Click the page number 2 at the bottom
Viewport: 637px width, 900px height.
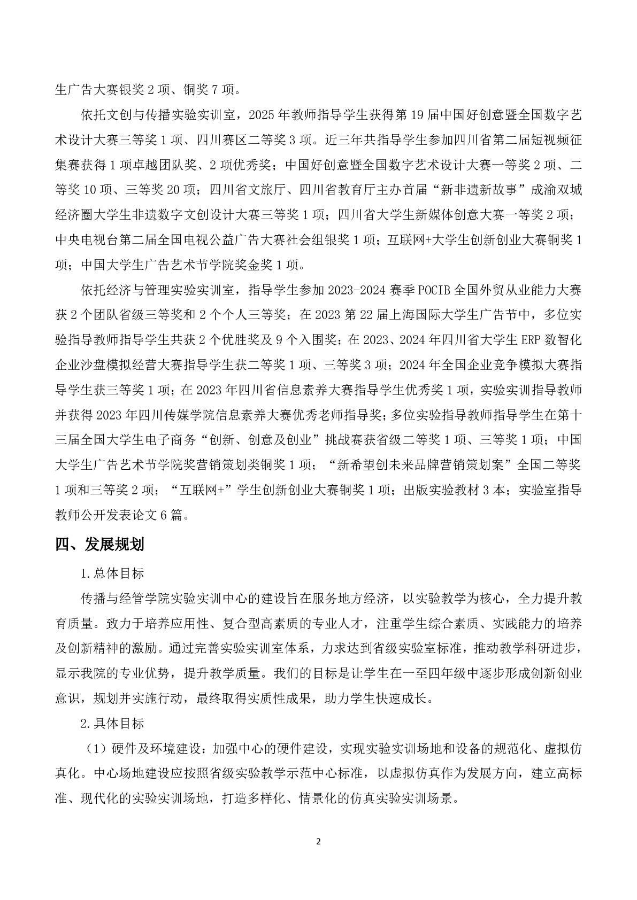318,841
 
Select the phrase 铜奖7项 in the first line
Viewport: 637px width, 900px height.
210,90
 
